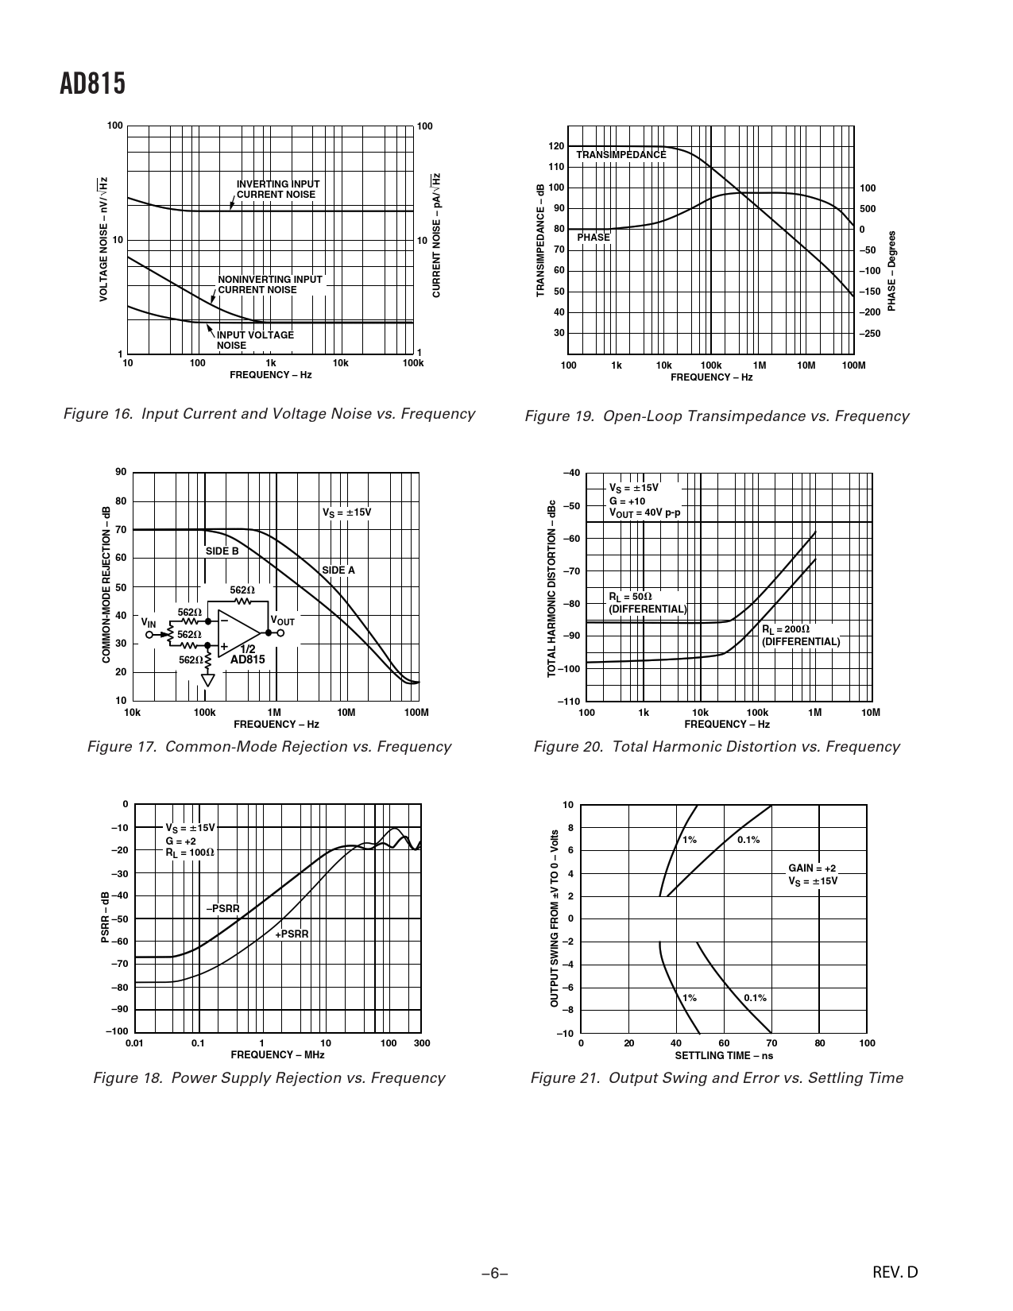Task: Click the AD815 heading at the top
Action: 92,85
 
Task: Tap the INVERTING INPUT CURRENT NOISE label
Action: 277,190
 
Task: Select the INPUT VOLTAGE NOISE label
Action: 255,340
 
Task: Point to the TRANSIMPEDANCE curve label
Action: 621,155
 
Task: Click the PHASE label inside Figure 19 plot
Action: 593,238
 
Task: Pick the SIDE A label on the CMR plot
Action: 338,570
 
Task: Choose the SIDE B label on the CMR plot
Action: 222,551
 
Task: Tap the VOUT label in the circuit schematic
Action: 282,621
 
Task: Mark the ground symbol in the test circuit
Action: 208,680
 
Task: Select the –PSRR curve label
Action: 222,908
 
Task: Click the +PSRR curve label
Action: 292,934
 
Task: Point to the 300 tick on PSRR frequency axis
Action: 422,1043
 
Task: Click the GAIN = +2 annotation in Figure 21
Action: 811,869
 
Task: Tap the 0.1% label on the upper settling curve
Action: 748,840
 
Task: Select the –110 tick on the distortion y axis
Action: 569,702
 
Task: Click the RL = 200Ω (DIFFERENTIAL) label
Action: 800,636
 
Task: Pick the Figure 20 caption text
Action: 716,747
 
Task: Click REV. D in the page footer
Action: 895,1272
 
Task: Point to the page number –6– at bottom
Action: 493,1273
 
